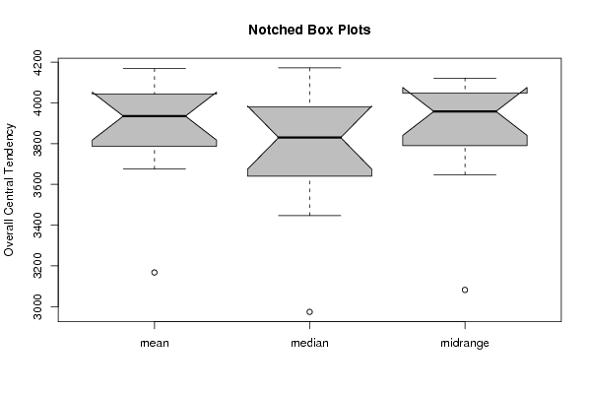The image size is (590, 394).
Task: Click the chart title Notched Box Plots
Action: pyautogui.click(x=309, y=31)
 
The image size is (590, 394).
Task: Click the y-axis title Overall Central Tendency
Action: pyautogui.click(x=9, y=190)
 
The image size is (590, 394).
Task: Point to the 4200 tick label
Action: pyautogui.click(x=37, y=62)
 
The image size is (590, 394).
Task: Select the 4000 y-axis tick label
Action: pyautogui.click(x=37, y=102)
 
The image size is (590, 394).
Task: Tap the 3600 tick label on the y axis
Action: pyautogui.click(x=37, y=184)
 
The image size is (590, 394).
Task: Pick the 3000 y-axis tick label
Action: pyautogui.click(x=37, y=306)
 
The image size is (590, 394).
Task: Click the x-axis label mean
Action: pyautogui.click(x=155, y=343)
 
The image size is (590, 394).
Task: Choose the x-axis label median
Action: pyautogui.click(x=309, y=343)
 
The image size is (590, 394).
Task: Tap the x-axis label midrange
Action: pyautogui.click(x=465, y=343)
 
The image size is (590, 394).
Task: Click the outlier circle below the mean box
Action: pyautogui.click(x=155, y=273)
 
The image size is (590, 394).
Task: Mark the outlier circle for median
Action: pyautogui.click(x=309, y=312)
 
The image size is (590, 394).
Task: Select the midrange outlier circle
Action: pyautogui.click(x=465, y=290)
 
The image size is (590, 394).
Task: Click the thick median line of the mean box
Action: pyautogui.click(x=155, y=116)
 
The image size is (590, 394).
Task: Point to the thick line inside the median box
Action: pyautogui.click(x=309, y=138)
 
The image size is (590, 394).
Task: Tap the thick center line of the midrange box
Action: pyautogui.click(x=465, y=111)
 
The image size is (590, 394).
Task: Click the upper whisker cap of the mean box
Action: pyautogui.click(x=155, y=69)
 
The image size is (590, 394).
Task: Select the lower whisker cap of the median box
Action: pyautogui.click(x=309, y=216)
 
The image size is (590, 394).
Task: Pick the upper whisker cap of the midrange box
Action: pyautogui.click(x=465, y=78)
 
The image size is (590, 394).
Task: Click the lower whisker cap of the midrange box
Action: pyautogui.click(x=465, y=174)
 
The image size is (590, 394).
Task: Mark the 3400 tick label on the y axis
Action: pyautogui.click(x=37, y=225)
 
